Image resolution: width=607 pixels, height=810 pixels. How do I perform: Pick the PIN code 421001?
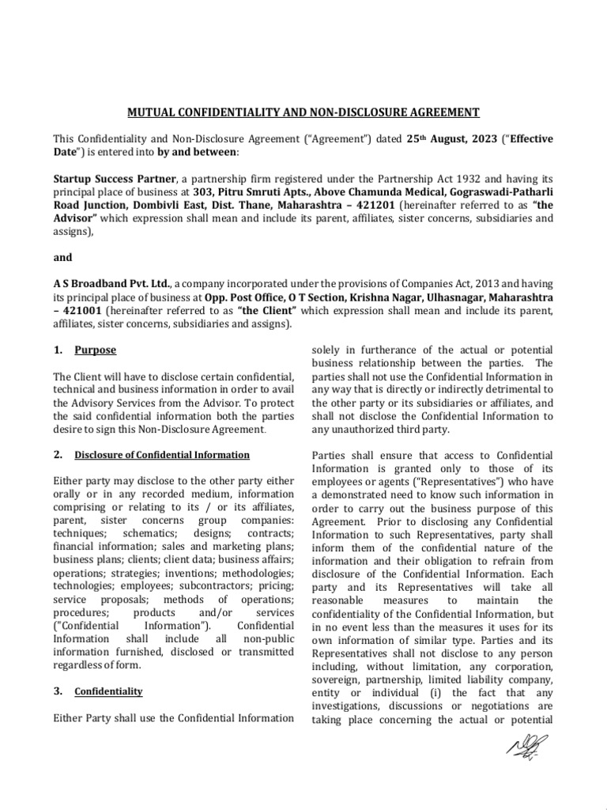[83, 311]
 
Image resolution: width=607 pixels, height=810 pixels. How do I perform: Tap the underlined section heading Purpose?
[95, 350]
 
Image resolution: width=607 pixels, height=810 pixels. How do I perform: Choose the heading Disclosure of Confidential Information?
[162, 455]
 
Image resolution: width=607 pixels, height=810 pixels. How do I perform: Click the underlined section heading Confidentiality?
[108, 691]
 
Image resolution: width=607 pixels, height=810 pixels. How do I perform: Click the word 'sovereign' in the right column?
[341, 679]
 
